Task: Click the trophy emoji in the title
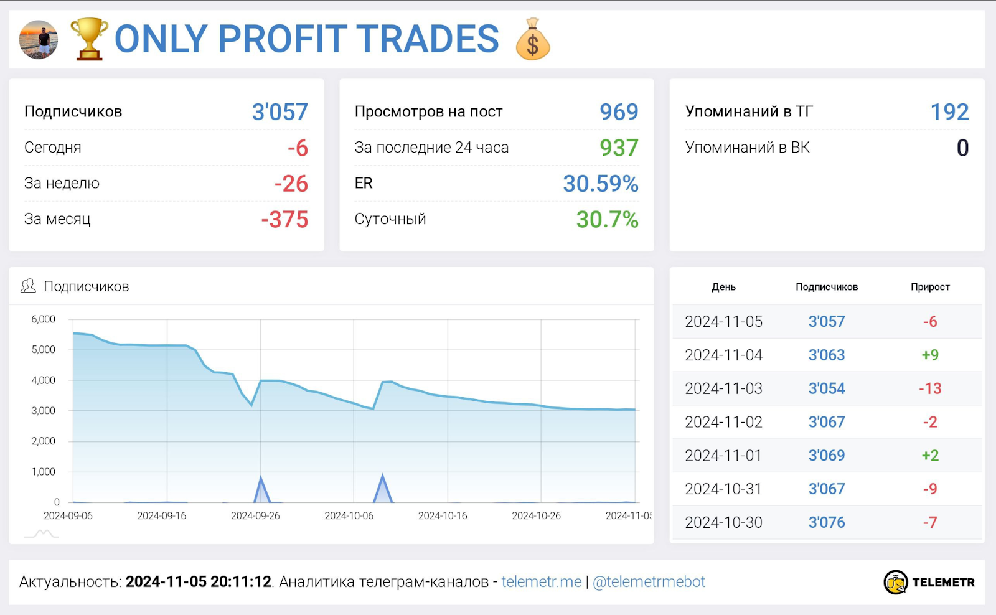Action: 89,39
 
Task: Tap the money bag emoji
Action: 533,39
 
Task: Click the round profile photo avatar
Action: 39,40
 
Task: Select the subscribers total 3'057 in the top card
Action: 280,112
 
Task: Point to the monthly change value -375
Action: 284,220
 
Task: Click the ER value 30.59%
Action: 600,184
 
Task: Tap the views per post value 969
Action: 619,112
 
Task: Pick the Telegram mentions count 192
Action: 949,112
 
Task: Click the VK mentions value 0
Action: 962,148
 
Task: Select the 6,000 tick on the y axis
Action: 44,319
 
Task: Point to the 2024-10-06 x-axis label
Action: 349,516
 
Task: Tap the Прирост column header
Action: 930,287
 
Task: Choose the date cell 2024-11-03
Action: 723,389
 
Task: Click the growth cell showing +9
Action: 930,355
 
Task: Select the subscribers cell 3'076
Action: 827,523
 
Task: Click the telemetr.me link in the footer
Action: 542,582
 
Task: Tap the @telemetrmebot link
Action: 649,582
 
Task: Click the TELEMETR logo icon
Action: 896,583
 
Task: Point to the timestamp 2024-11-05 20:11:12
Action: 199,582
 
